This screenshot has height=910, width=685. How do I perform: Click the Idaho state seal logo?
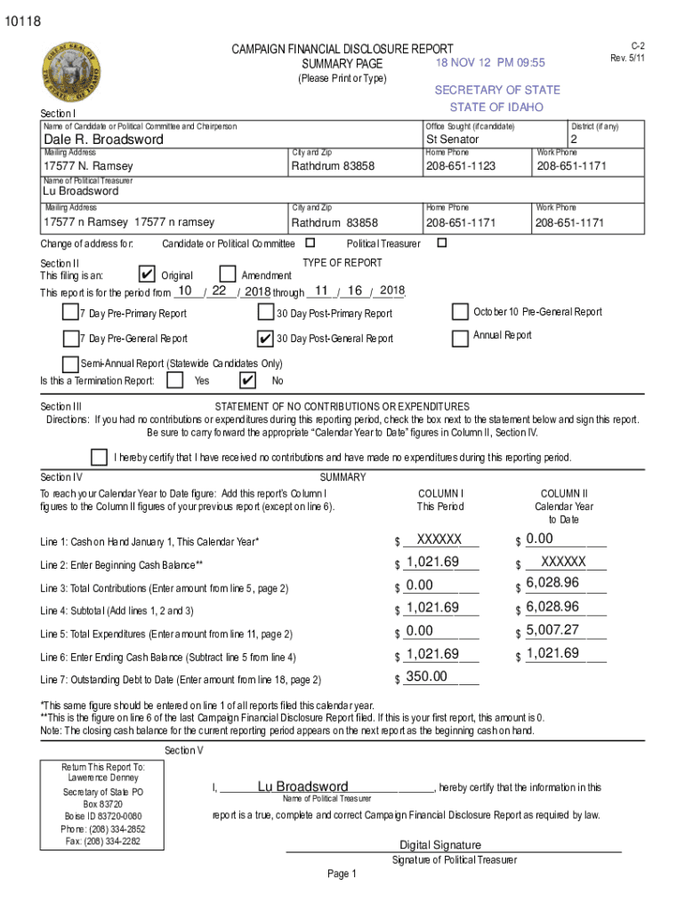70,74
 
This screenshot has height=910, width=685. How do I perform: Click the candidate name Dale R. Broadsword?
104,140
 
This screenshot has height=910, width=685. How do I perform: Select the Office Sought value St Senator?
452,140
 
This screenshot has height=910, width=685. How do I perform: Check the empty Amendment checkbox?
228,275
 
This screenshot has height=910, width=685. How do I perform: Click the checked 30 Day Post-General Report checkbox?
265,339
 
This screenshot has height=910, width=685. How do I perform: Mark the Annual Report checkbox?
460,338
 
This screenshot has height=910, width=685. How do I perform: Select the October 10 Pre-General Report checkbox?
460,312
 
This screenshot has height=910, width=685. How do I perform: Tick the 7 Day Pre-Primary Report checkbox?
70,313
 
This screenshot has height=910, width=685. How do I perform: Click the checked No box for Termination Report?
248,380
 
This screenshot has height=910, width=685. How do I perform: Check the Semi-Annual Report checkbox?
70,363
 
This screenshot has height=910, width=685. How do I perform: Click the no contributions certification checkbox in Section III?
100,457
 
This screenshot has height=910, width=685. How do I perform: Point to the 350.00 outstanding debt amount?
426,677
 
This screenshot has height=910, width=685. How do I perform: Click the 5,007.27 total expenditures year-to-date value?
552,631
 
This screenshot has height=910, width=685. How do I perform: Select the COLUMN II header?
564,493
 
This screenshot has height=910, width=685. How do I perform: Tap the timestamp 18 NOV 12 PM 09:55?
490,63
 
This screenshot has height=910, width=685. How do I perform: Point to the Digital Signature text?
440,845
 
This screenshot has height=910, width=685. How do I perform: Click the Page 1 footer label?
342,874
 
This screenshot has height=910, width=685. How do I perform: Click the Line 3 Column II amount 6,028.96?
552,583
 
